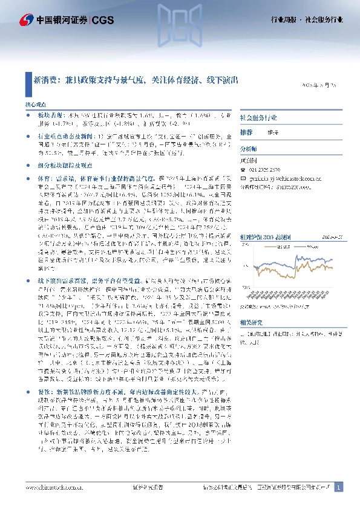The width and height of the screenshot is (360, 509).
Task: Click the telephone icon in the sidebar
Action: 243,170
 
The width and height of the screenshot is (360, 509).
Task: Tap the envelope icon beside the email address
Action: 243,179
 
